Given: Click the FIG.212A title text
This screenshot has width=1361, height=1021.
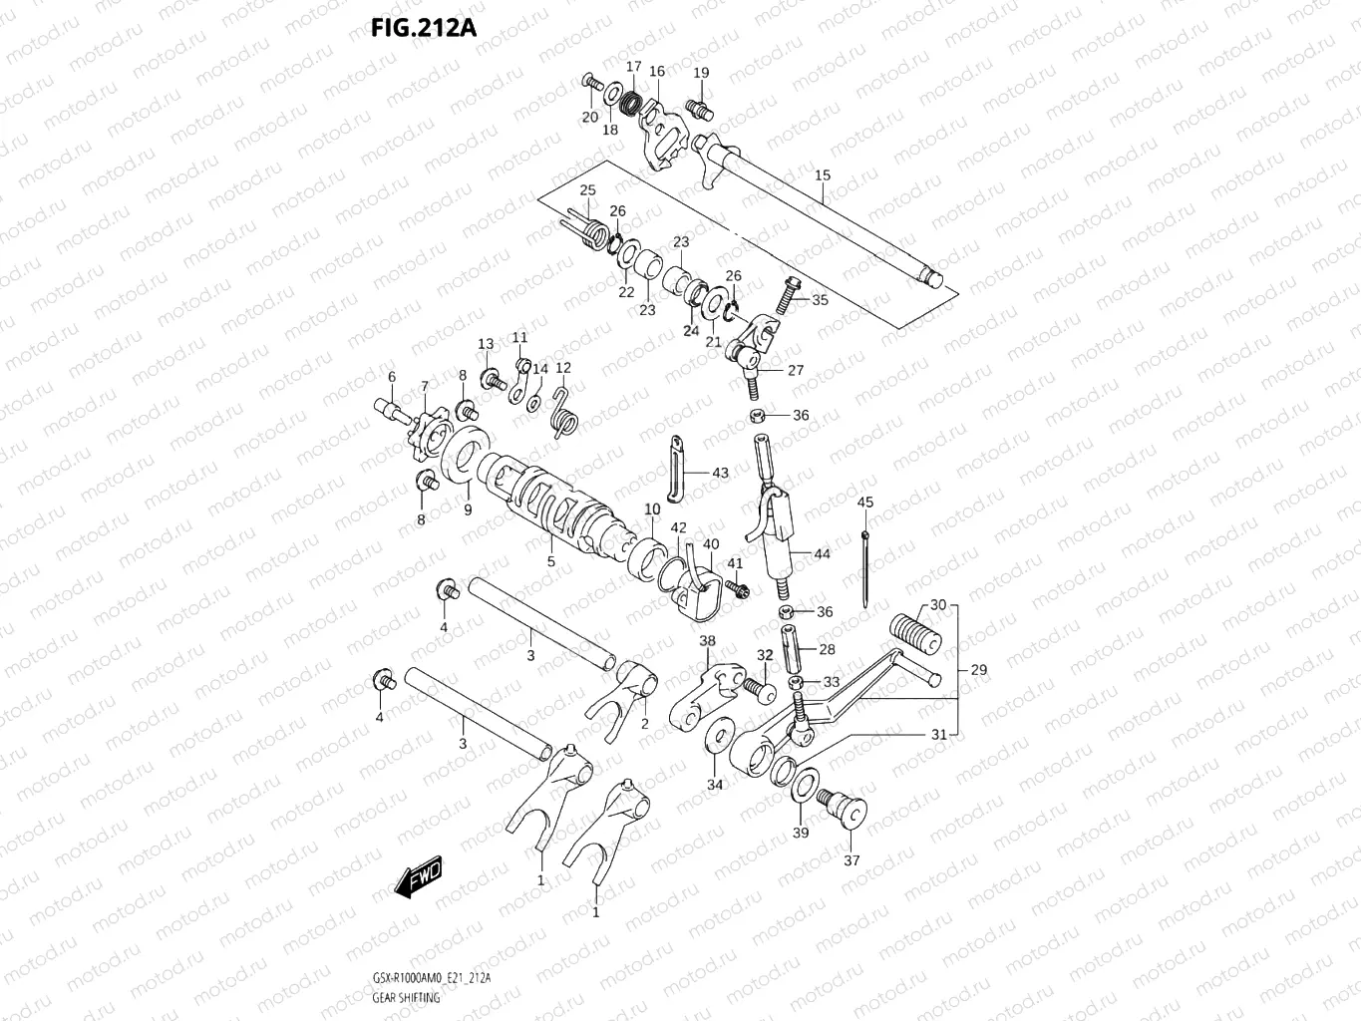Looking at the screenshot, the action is point(423,27).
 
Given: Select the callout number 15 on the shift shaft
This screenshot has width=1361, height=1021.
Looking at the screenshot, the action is point(822,175).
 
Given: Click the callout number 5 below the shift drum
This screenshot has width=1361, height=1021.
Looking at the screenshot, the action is point(550,562).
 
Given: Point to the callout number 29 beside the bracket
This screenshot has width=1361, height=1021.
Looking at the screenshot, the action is point(978,669).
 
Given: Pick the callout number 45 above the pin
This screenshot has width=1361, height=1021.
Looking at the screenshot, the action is point(864,502).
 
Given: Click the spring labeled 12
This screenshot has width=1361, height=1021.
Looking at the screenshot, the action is point(563,412).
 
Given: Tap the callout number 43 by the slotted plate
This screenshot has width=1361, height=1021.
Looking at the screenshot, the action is point(719,473).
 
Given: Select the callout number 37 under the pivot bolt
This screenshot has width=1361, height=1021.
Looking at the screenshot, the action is point(851,860).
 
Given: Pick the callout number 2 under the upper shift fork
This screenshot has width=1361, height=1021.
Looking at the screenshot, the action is point(644,723).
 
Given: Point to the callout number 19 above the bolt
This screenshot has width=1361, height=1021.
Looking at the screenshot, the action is point(701,73).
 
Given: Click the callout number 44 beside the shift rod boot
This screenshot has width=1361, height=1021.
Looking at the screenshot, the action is point(822,553).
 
